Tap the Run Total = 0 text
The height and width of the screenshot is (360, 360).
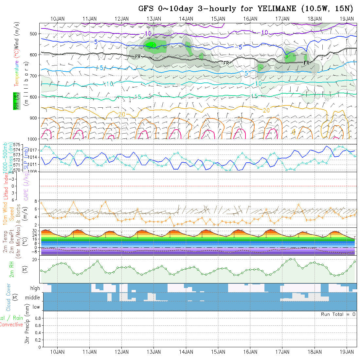338,314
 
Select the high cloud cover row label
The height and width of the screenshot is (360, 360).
35,288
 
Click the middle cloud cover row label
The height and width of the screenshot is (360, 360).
32,298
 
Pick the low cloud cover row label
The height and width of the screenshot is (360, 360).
36,307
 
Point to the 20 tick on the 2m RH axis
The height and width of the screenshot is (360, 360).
36,260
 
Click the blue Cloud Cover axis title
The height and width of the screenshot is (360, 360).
9,297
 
